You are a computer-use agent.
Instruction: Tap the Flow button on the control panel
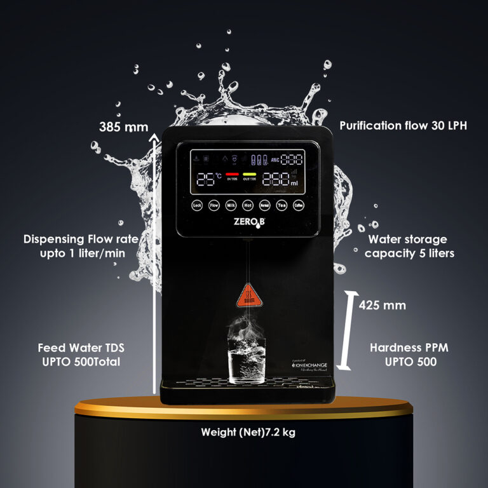(214, 205)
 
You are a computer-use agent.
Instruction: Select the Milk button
(231, 205)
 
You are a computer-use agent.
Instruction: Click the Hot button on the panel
(248, 205)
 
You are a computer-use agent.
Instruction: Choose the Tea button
(281, 205)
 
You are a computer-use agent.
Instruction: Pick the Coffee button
(299, 205)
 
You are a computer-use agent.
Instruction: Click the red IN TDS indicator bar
(232, 173)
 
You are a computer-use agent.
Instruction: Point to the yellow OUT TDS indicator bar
(250, 173)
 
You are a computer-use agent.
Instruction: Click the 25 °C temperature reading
(208, 179)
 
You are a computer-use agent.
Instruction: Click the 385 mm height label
(123, 126)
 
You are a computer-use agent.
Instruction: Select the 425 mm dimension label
(382, 305)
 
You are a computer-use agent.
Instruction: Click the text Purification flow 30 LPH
(403, 126)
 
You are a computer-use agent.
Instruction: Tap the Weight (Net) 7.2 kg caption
(248, 433)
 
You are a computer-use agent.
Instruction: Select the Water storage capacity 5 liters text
(408, 246)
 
